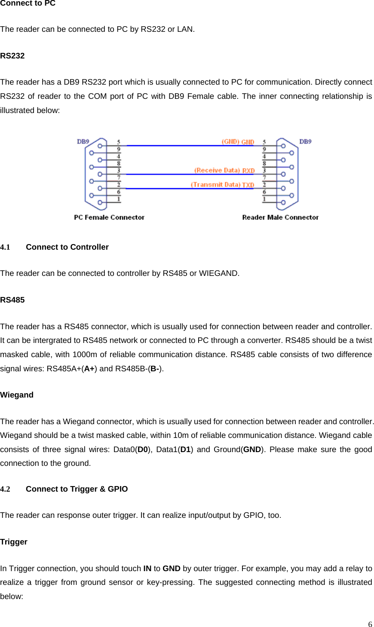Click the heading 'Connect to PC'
tap(28, 3)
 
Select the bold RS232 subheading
tap(12, 56)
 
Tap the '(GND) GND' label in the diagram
tap(238, 142)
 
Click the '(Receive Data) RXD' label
tap(224, 170)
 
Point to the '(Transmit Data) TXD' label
tap(222, 185)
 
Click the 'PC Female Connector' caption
tap(109, 217)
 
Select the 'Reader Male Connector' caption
tap(280, 217)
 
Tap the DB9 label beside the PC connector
tap(83, 141)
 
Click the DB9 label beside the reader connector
tap(305, 141)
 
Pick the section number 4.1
tap(5, 247)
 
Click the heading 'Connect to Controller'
tap(67, 247)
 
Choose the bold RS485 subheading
tap(12, 300)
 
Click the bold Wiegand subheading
tap(17, 395)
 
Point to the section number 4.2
tap(5, 489)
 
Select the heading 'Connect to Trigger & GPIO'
tap(77, 489)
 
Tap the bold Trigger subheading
tap(14, 542)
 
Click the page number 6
tap(370, 624)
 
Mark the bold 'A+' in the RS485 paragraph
tap(89, 369)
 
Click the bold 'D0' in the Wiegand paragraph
tap(143, 450)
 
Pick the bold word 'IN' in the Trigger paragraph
tap(147, 569)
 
